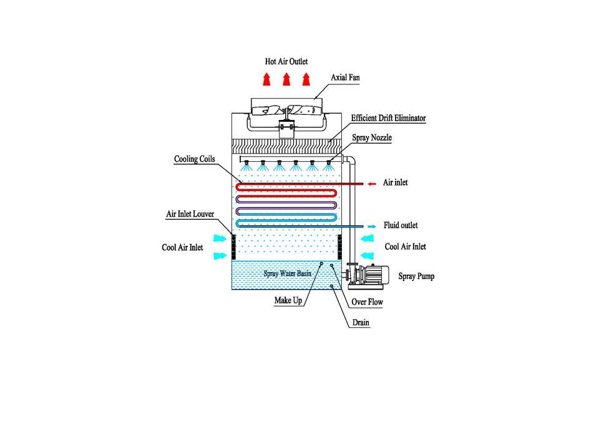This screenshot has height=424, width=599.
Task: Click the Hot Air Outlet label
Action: pos(286,62)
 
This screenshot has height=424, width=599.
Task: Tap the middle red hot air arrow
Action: pos(286,79)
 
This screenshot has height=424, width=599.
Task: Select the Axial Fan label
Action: pos(345,77)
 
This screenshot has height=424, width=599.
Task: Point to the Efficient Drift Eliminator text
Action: pos(388,117)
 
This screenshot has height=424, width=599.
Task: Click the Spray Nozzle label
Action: pos(373,137)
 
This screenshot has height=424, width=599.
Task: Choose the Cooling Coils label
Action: pos(194,159)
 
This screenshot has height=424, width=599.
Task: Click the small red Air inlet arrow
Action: pos(372,184)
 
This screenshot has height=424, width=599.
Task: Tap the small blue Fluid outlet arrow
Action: pos(372,225)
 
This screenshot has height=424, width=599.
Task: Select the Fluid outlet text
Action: pos(401,225)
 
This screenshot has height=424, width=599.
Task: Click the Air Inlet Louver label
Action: pos(190,214)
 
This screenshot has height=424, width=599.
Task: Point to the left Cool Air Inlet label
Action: pos(182,248)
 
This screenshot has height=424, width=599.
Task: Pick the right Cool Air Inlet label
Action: pos(405,247)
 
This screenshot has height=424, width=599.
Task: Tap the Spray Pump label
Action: pos(416,275)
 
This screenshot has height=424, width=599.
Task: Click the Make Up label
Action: pos(288,301)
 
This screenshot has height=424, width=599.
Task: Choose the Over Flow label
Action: pos(367,302)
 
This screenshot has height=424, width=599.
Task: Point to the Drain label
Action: pos(360,323)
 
